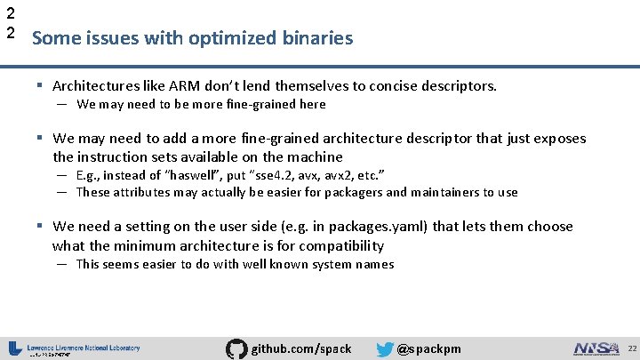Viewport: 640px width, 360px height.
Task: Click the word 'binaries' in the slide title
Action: (323, 38)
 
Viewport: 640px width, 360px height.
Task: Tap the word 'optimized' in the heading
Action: (249, 38)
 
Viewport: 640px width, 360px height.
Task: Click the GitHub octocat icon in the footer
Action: (236, 348)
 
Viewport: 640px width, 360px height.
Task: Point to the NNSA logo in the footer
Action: (596, 348)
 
